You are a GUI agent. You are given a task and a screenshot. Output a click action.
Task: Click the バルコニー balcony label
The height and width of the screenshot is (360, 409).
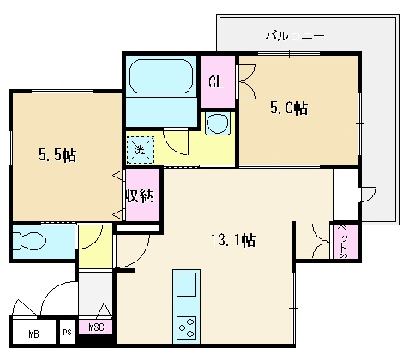pos(295,36)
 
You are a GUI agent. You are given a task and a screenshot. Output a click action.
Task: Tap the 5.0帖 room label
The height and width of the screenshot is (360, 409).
pos(289,108)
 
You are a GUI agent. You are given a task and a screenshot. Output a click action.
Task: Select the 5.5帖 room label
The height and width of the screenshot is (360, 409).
pos(57,155)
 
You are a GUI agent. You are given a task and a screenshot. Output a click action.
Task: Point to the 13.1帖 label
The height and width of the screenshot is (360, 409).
pos(233,240)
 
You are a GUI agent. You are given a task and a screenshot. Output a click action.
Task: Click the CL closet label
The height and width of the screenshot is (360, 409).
pos(215,82)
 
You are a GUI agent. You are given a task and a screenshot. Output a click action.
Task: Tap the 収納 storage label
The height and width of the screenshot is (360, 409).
pos(141,195)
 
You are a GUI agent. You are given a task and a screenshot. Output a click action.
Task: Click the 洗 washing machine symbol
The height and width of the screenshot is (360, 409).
pos(141,150)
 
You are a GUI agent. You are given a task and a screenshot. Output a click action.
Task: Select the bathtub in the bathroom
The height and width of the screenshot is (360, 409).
pos(161,76)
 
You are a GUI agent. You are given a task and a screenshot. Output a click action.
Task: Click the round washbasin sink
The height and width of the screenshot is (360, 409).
pos(218,123)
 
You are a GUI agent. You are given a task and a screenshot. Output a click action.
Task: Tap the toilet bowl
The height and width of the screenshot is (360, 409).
pos(29,242)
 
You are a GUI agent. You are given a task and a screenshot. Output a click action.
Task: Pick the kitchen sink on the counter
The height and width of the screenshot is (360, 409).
pos(186,285)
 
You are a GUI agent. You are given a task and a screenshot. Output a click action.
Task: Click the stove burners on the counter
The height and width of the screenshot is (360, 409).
pos(186,327)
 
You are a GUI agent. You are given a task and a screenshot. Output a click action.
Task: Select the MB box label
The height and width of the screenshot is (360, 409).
pos(33,333)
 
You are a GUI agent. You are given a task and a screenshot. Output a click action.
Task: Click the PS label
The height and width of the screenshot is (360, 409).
pos(67,333)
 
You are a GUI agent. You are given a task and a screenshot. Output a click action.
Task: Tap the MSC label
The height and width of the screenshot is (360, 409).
pos(96,327)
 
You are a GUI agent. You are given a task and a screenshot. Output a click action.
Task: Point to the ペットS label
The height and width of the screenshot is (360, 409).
pos(342,242)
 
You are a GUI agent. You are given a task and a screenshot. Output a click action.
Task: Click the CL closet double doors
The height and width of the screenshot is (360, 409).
pos(246,81)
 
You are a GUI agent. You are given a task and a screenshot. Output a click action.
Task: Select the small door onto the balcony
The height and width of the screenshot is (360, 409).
pos(368,195)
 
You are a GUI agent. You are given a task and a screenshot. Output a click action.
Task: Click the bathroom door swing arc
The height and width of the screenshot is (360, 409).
pos(176,142)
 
